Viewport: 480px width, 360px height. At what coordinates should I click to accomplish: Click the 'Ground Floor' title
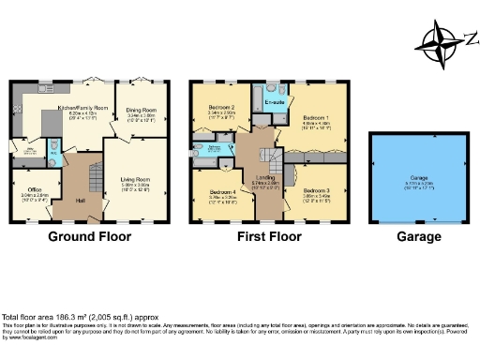click(x=88, y=236)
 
